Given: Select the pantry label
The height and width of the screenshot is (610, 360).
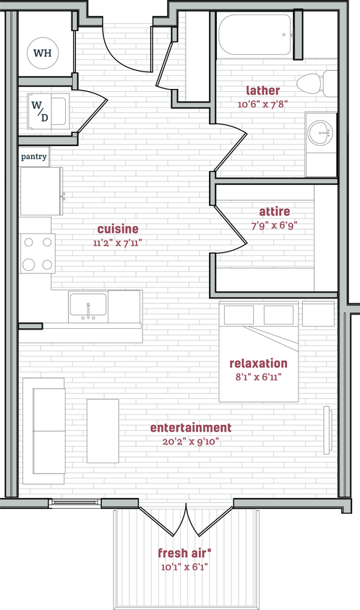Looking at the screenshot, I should (x=34, y=155).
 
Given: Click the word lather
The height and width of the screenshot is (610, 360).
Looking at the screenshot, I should (x=263, y=90).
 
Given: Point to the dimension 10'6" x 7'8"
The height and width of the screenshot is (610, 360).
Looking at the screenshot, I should (x=263, y=103).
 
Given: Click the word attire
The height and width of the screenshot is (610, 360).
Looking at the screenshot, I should (x=275, y=212).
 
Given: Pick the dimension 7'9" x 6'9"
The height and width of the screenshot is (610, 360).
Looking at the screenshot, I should (x=275, y=225).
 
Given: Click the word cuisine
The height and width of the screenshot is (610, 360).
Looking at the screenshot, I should (x=118, y=229).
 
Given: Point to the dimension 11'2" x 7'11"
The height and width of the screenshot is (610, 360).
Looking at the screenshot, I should (x=118, y=243).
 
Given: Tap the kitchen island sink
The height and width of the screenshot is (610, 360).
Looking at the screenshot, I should (x=88, y=306).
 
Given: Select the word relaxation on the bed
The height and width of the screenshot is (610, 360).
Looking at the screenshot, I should (x=258, y=364).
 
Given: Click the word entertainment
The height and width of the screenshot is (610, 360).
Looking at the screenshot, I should (x=191, y=428).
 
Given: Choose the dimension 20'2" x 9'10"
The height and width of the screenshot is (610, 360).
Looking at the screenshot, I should (x=191, y=442).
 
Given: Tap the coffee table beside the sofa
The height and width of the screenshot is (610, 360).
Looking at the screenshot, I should (x=103, y=431).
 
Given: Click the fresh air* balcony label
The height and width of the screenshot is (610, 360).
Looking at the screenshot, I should (x=185, y=554).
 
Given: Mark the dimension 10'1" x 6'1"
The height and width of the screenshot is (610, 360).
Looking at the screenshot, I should (x=185, y=567).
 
